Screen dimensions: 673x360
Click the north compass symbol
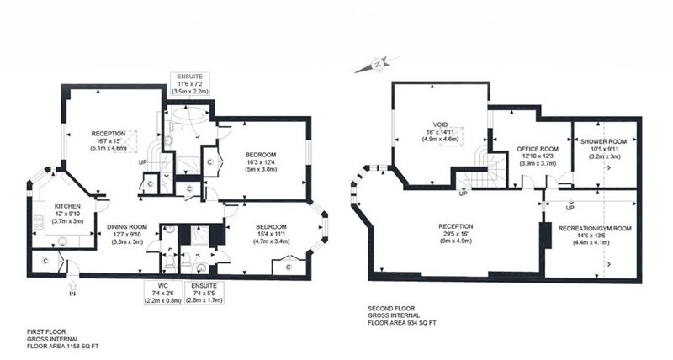pyautogui.click(x=378, y=65)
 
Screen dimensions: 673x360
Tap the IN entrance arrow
pyautogui.click(x=73, y=284)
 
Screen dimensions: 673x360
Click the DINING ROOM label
pyautogui.click(x=127, y=227)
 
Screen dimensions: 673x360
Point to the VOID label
pyautogui.click(x=440, y=124)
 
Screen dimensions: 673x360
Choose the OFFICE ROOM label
pyautogui.click(x=538, y=149)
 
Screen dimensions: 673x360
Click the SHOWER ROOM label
pyautogui.click(x=603, y=141)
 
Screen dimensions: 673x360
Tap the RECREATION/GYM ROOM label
pyautogui.click(x=595, y=228)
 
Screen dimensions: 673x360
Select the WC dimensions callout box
pyautogui.click(x=162, y=293)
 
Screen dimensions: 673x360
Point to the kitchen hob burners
pyautogui.click(x=38, y=222)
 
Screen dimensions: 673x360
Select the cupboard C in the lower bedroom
pyautogui.click(x=289, y=267)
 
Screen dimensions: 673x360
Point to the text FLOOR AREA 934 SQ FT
pyautogui.click(x=402, y=323)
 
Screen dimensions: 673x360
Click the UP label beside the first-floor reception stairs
pyautogui.click(x=143, y=162)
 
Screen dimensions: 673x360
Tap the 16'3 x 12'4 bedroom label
pyautogui.click(x=261, y=161)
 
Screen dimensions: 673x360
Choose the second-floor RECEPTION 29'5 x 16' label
pyautogui.click(x=455, y=234)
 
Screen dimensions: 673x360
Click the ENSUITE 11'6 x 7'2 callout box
pyautogui.click(x=190, y=83)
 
